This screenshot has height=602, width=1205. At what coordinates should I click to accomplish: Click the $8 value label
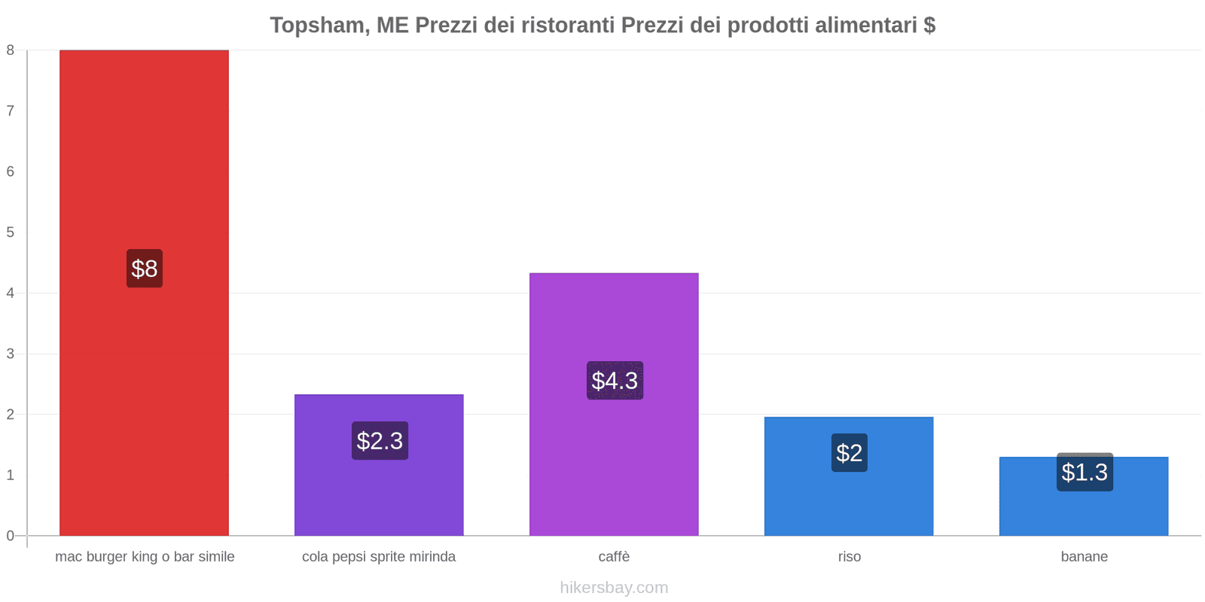(x=145, y=269)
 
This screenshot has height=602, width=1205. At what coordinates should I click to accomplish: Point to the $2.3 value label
(x=380, y=441)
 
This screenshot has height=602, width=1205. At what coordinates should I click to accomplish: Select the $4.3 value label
(x=615, y=381)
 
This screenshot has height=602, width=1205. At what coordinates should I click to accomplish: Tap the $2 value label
(x=850, y=453)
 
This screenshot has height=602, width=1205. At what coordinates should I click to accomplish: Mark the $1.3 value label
(x=1084, y=473)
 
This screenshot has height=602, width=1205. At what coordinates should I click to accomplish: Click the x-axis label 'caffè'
(x=614, y=557)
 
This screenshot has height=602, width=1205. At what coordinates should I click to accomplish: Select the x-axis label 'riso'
(x=850, y=557)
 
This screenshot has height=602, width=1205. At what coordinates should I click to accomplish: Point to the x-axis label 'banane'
(x=1084, y=557)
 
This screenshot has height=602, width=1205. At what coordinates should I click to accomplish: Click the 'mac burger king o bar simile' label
(x=145, y=557)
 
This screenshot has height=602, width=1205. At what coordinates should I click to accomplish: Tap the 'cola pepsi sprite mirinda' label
(x=379, y=557)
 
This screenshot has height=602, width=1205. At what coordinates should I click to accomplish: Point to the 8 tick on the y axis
(x=11, y=50)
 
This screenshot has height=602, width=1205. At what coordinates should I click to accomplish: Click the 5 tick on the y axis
(x=11, y=233)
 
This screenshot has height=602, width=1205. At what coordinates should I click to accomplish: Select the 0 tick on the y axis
(x=11, y=536)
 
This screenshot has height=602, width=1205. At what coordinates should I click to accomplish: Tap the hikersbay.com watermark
(x=614, y=588)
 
